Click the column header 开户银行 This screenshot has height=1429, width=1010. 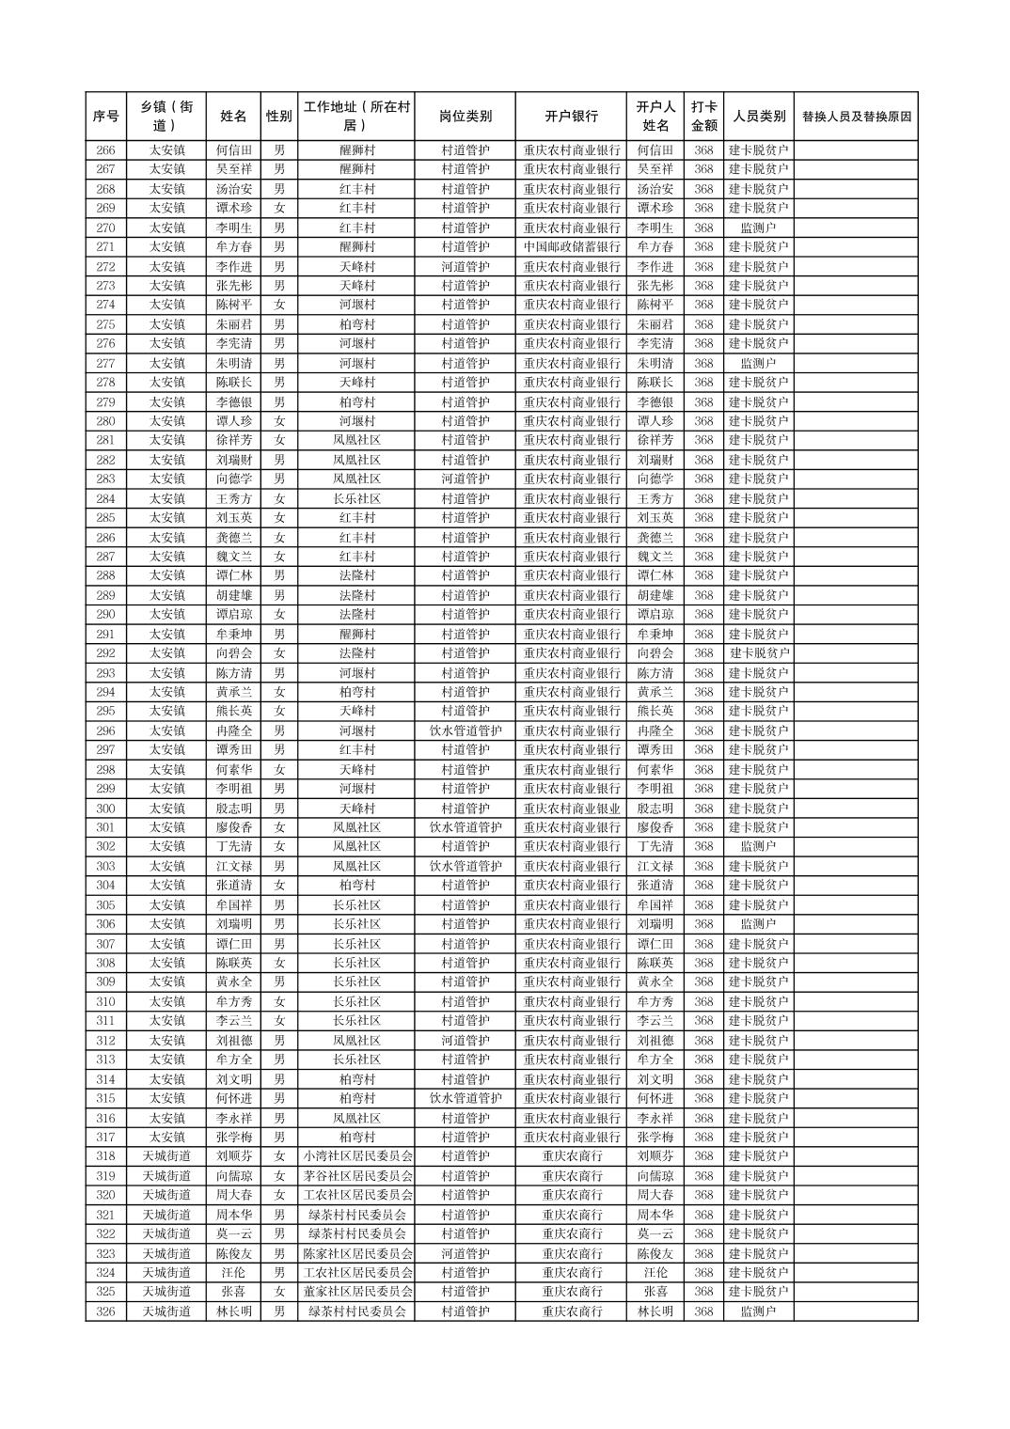[571, 117]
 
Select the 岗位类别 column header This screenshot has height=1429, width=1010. [465, 117]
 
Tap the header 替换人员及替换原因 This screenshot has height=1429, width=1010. [856, 117]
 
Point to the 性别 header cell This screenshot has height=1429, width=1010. [278, 117]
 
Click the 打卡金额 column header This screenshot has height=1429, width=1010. [703, 117]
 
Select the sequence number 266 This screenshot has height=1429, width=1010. [105, 150]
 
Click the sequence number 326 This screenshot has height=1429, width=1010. [105, 1311]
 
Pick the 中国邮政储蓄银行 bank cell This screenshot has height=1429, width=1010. [571, 247]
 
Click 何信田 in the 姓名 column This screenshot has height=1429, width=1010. [234, 150]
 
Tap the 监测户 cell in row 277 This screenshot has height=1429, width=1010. [758, 363]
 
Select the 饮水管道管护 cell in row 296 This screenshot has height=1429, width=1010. [465, 730]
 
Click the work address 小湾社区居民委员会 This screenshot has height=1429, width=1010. [356, 1156]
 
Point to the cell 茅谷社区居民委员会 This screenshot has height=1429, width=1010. [356, 1176]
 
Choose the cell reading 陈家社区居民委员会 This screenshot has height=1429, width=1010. [356, 1253]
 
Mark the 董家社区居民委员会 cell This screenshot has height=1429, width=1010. [356, 1292]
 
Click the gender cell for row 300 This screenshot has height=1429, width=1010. [278, 809]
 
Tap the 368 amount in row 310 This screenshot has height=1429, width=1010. [703, 1001]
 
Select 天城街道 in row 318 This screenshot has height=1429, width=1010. [166, 1156]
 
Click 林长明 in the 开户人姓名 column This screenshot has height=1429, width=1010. [655, 1311]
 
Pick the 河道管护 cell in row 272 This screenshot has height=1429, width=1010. [465, 266]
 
